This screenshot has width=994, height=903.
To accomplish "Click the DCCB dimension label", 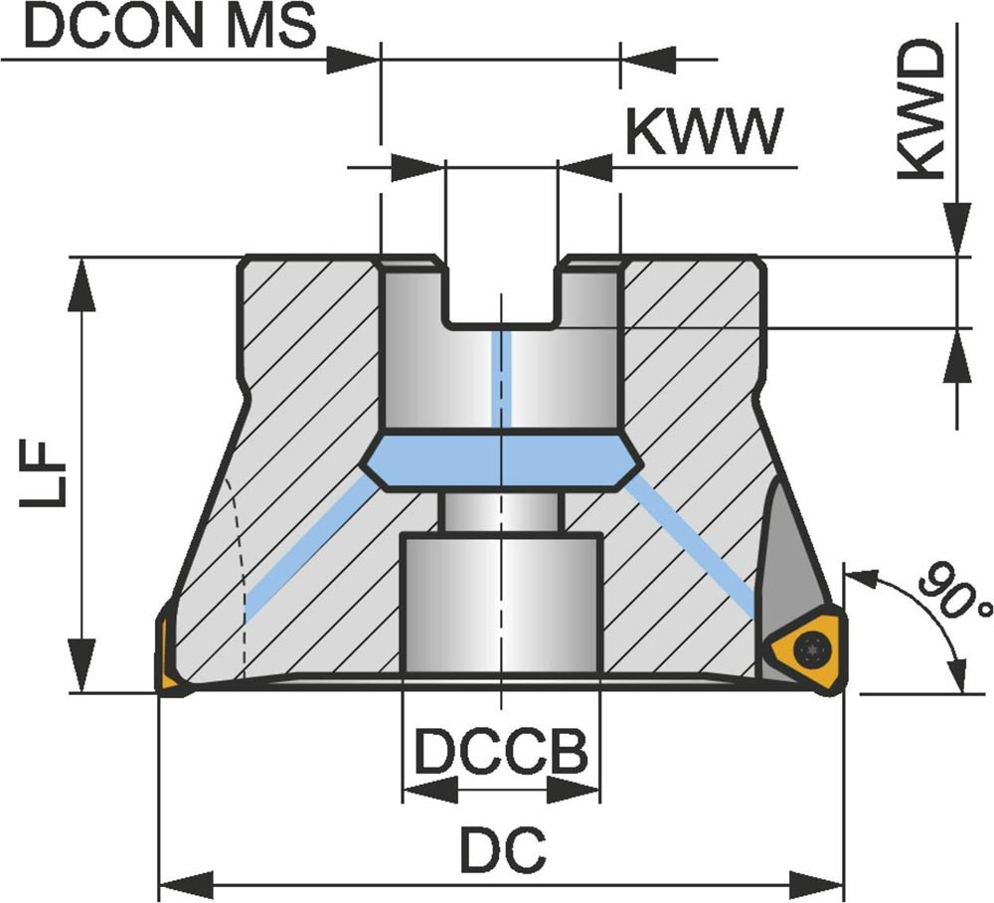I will pyautogui.click(x=501, y=753).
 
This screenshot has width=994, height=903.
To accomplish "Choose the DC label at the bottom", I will pyautogui.click(x=503, y=850).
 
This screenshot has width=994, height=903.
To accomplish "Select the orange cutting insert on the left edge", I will pyautogui.click(x=167, y=656).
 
